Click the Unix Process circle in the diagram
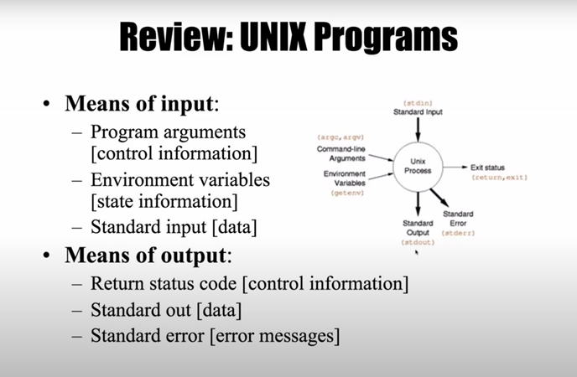[x=418, y=165]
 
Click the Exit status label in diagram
[x=487, y=168]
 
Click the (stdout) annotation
[x=418, y=242]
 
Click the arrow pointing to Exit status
[x=455, y=168]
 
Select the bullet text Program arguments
[x=169, y=132]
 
